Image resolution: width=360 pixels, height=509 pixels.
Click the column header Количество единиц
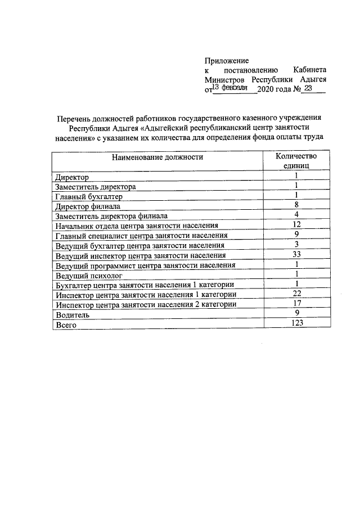coord(296,161)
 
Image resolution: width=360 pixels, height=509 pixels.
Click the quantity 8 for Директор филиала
coord(296,205)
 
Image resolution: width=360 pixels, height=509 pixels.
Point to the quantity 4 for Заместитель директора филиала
coord(296,215)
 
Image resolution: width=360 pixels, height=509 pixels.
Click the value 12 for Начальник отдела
coord(296,225)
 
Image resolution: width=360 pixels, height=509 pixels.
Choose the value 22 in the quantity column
coord(296,294)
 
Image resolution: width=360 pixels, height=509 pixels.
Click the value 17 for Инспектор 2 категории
coord(296,304)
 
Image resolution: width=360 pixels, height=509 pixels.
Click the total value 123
coord(296,323)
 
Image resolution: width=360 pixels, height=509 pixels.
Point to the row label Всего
coord(65,325)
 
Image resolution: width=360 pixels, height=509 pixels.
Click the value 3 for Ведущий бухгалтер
coord(296,245)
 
